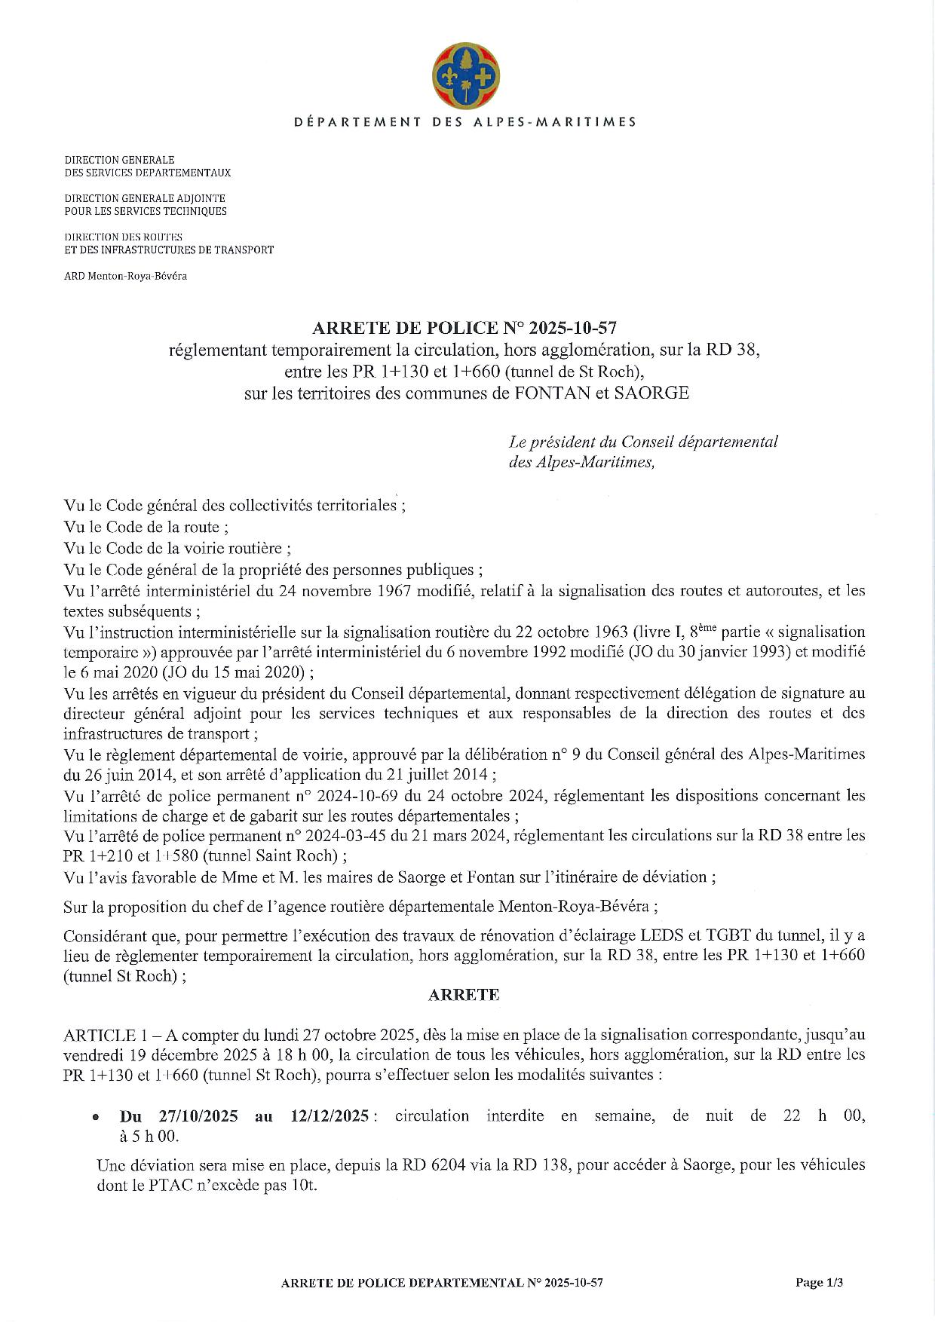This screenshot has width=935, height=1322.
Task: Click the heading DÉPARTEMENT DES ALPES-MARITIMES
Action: tap(465, 121)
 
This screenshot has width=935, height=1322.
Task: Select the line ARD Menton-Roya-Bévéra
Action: tap(126, 276)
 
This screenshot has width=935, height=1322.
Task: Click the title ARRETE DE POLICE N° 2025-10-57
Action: tap(465, 328)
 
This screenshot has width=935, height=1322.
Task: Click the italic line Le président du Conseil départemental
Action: tap(643, 442)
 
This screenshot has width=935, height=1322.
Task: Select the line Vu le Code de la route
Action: tap(146, 528)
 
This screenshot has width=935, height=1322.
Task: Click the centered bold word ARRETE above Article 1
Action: tap(464, 995)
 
